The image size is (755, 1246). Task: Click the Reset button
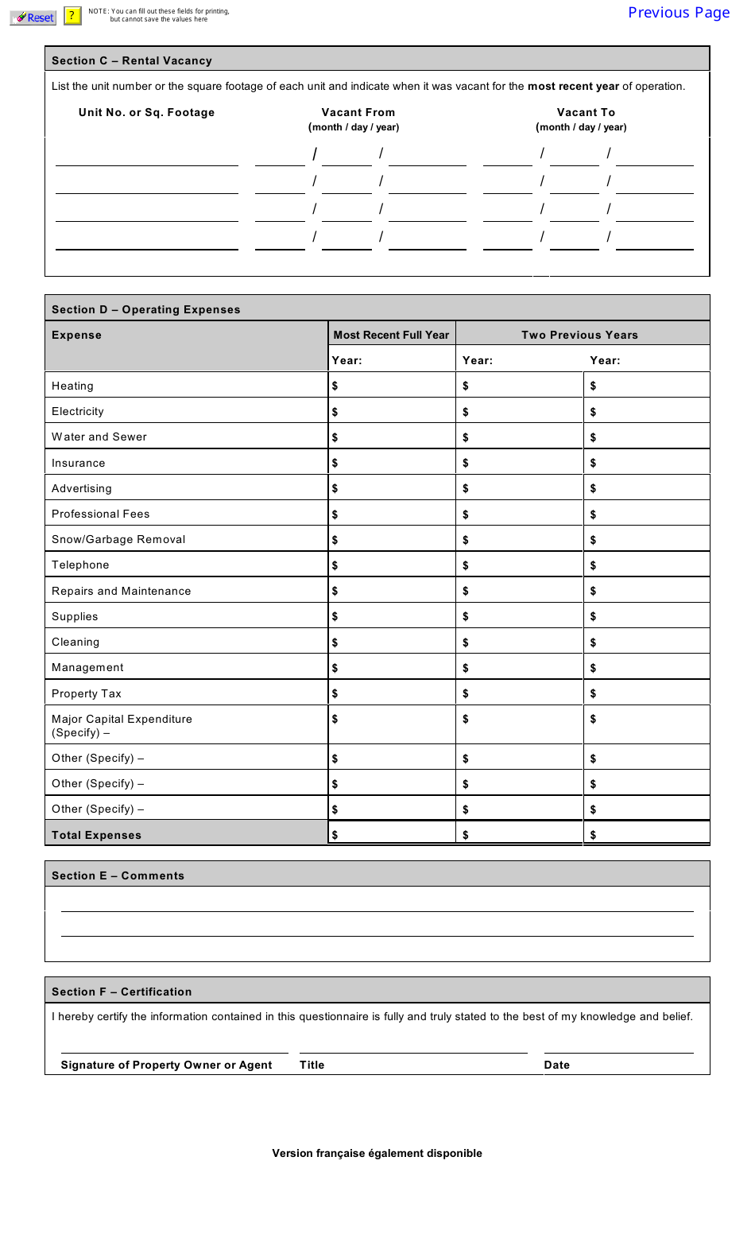coord(33,17)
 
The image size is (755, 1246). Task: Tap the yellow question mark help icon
coord(72,16)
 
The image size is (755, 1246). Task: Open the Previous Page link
coord(678,13)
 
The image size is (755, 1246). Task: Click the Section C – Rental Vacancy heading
coord(132,60)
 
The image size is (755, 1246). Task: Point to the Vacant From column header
coord(358,113)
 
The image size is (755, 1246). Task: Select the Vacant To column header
coord(586,113)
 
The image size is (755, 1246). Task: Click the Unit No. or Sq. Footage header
coord(146,113)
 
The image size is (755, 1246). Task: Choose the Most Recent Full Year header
coord(391,335)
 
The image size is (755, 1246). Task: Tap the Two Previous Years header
coord(579,335)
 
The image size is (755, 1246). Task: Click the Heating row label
coord(72,386)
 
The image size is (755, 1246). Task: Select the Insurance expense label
coord(78,463)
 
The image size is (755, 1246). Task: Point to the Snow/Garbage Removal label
coord(118,539)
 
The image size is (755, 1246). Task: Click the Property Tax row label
coord(87,693)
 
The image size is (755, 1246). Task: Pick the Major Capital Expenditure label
coord(122,719)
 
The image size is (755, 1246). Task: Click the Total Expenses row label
coord(96,835)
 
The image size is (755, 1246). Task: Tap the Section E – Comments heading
coord(118,875)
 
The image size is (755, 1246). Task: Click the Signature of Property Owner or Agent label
coord(166,1065)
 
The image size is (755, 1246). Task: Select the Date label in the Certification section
coord(556,1065)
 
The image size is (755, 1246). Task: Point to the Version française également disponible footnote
coord(377,1153)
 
